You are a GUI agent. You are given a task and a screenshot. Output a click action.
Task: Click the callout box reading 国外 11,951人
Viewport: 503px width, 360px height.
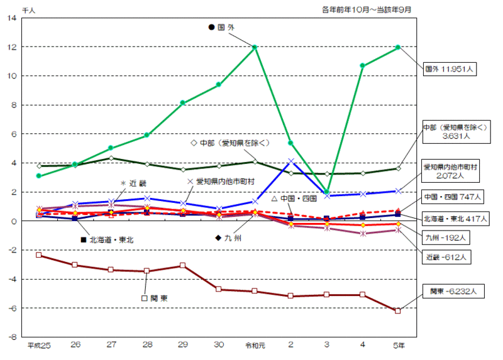tap(450, 69)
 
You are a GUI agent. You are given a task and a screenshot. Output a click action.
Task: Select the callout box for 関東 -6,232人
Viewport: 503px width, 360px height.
tap(450, 292)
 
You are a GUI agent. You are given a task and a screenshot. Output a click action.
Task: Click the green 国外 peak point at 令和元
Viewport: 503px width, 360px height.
tap(255, 47)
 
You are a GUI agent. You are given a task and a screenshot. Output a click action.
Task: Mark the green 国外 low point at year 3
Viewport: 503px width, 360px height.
tap(327, 192)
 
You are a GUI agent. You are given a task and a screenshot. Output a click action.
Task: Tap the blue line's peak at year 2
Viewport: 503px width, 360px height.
tap(290, 161)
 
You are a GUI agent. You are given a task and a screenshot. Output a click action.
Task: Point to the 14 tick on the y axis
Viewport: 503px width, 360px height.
tap(13, 18)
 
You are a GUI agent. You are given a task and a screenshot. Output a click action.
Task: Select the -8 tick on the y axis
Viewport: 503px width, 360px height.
tap(12, 337)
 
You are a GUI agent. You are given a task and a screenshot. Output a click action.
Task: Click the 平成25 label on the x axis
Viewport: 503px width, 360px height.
tap(39, 346)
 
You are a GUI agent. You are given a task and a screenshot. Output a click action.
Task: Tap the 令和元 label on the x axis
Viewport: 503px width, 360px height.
tap(255, 346)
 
